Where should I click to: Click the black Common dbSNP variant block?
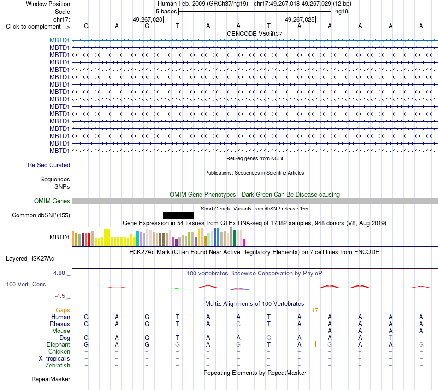(178, 215)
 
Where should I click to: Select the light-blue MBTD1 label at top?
(59, 40)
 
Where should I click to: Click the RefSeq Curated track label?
(49, 165)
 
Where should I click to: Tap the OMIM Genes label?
(52, 201)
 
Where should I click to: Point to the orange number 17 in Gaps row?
(315, 310)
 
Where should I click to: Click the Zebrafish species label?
(58, 365)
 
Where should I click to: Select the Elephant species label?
(59, 344)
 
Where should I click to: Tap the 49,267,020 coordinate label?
(148, 19)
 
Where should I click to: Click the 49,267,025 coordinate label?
(300, 19)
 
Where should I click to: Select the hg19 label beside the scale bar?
(342, 12)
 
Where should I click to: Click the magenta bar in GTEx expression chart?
(244, 242)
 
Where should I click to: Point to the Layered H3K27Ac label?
(30, 259)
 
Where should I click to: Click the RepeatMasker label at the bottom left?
(51, 379)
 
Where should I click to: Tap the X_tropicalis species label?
(54, 359)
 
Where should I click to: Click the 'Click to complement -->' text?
(38, 27)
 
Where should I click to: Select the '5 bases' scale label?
(166, 12)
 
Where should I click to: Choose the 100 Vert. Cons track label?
(26, 284)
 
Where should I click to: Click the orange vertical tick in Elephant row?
(315, 344)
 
